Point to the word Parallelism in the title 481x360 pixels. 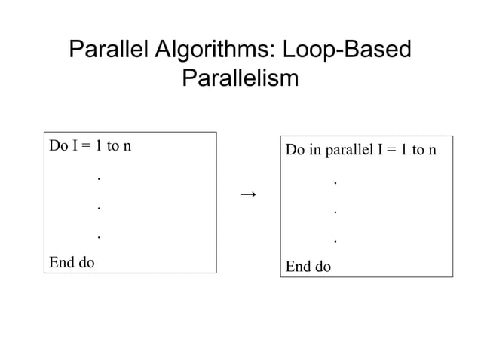(x=240, y=78)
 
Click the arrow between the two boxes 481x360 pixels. (x=248, y=195)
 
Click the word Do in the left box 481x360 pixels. (x=58, y=145)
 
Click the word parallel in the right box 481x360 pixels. (x=350, y=150)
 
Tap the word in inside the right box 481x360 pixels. (x=315, y=149)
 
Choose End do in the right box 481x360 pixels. (x=308, y=267)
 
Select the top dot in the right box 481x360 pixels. (x=335, y=183)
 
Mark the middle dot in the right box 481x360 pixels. (x=335, y=212)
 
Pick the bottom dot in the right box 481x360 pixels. (x=335, y=242)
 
